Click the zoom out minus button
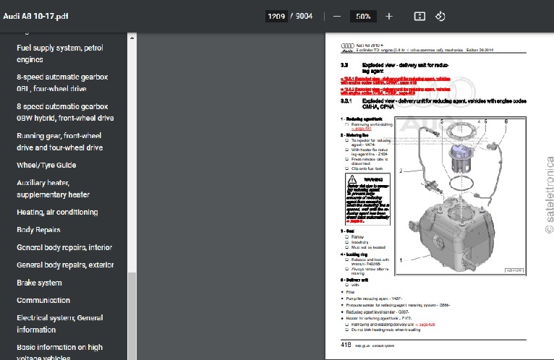coord(336,16)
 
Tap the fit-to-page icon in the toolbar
coord(419,16)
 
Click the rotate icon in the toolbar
coord(440,16)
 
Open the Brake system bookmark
coord(39,283)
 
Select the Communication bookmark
coord(43,300)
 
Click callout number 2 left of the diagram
coord(400,171)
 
